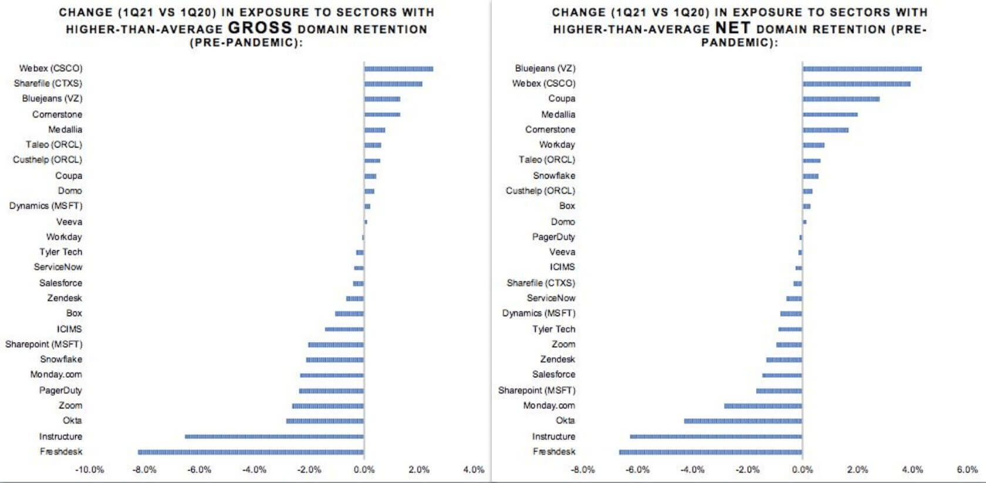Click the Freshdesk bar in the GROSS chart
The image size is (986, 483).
click(x=251, y=452)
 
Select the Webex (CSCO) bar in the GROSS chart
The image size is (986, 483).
click(x=399, y=69)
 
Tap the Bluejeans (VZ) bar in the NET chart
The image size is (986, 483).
click(x=862, y=69)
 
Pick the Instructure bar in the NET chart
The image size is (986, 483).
click(x=715, y=437)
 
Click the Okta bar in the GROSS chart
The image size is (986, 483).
click(x=325, y=421)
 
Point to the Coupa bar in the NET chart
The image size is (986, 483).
click(x=841, y=99)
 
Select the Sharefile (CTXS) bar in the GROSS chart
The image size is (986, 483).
click(x=393, y=84)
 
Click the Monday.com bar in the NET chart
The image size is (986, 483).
click(x=762, y=406)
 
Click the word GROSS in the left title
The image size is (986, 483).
click(x=259, y=28)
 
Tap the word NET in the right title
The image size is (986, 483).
click(x=732, y=28)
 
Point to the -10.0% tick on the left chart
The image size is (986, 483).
click(x=90, y=469)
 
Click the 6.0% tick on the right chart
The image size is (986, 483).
click(x=967, y=469)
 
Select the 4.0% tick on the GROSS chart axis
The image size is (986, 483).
click(x=474, y=469)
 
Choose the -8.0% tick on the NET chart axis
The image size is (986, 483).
click(x=583, y=469)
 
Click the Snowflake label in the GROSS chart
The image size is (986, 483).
click(x=61, y=359)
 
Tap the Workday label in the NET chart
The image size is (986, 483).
click(x=557, y=145)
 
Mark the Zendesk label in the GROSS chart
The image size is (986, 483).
click(x=65, y=298)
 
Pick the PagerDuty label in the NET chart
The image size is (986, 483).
click(x=553, y=237)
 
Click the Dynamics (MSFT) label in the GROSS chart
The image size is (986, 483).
click(x=46, y=206)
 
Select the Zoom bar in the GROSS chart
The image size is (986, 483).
click(x=327, y=406)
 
